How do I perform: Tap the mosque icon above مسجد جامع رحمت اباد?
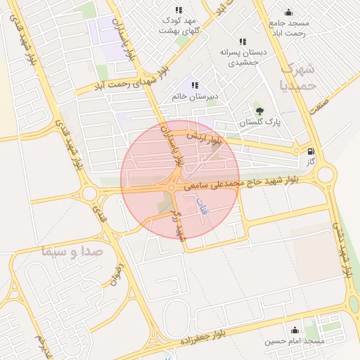pyautogui.click(x=288, y=12)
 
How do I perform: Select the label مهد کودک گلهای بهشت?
pyautogui.click(x=179, y=26)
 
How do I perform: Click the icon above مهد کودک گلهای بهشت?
pyautogui.click(x=179, y=11)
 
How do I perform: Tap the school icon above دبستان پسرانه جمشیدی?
pyautogui.click(x=243, y=41)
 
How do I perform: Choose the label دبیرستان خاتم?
pyautogui.click(x=195, y=96)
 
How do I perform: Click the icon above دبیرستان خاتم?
pyautogui.click(x=195, y=85)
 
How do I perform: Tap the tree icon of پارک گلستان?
pyautogui.click(x=259, y=110)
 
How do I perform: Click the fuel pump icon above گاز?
pyautogui.click(x=311, y=150)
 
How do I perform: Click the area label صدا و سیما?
pyautogui.click(x=72, y=250)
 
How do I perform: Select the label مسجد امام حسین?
pyautogui.click(x=294, y=342)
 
